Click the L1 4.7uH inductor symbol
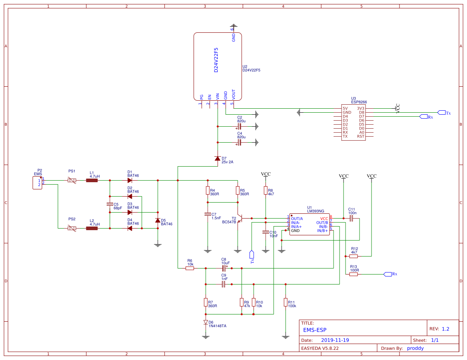pyautogui.click(x=92, y=181)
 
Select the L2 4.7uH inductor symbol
pyautogui.click(x=92, y=229)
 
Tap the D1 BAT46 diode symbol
pyautogui.click(x=130, y=181)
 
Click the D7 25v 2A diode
pyautogui.click(x=217, y=159)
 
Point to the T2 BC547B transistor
pyautogui.click(x=240, y=219)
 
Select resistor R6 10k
pyautogui.click(x=190, y=269)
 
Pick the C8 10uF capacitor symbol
pyautogui.click(x=224, y=269)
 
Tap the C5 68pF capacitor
pyautogui.click(x=110, y=204)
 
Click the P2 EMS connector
pyautogui.click(x=37, y=183)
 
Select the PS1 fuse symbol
pyautogui.click(x=72, y=181)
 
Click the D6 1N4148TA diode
pyautogui.click(x=206, y=322)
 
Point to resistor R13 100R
pyautogui.click(x=354, y=274)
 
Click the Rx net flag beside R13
pyautogui.click(x=388, y=274)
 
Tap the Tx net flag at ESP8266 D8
pyautogui.click(x=441, y=112)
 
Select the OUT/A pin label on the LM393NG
pyautogui.click(x=297, y=219)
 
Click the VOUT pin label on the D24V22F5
pyautogui.click(x=234, y=94)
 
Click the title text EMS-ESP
pyautogui.click(x=315, y=330)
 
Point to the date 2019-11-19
pyautogui.click(x=335, y=340)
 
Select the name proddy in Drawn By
pyautogui.click(x=415, y=348)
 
